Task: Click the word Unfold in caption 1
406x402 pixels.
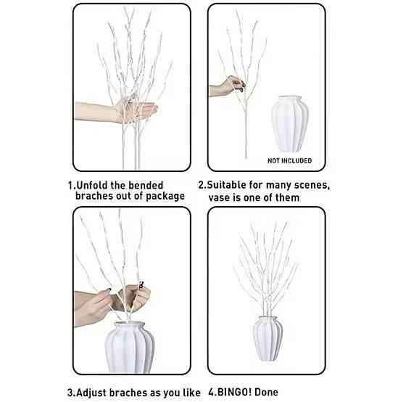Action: click(92, 185)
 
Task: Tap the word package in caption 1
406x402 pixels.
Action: click(165, 196)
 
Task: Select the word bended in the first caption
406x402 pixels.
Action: click(146, 185)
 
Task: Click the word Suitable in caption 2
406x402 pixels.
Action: click(226, 185)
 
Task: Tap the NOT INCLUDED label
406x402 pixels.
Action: click(289, 160)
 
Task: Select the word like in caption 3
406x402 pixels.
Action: click(191, 393)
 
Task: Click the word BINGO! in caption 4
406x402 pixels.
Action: click(234, 392)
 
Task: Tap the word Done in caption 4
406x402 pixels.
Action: click(266, 392)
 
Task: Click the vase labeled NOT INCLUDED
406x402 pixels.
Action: click(290, 123)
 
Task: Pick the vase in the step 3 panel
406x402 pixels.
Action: click(130, 347)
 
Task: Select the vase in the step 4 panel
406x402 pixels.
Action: click(268, 338)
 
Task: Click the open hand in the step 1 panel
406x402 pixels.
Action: click(116, 112)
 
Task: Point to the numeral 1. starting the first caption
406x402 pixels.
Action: click(72, 186)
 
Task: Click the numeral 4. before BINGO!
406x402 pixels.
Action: click(212, 393)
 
